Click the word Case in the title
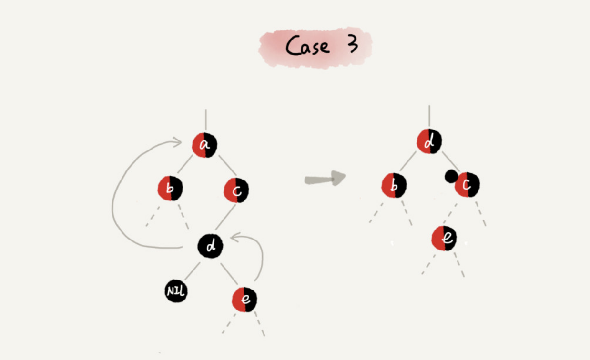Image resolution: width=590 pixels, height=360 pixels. point(307,46)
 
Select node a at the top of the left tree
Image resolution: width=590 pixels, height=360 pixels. point(204,145)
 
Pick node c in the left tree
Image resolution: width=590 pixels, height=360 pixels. point(236,190)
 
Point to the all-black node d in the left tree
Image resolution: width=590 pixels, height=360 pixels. point(210,246)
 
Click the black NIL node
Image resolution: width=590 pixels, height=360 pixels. point(176,291)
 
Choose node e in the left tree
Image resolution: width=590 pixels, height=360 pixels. point(244,300)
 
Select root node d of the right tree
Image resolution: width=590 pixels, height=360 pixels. point(429,141)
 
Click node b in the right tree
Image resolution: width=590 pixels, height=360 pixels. point(394,186)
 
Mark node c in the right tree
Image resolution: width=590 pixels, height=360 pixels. point(467,185)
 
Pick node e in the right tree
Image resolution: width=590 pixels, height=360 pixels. point(444,238)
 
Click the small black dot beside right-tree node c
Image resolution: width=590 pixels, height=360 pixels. point(450,177)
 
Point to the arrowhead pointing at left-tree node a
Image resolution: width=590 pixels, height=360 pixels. point(177,141)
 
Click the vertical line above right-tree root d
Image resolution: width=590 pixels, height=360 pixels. point(429,117)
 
